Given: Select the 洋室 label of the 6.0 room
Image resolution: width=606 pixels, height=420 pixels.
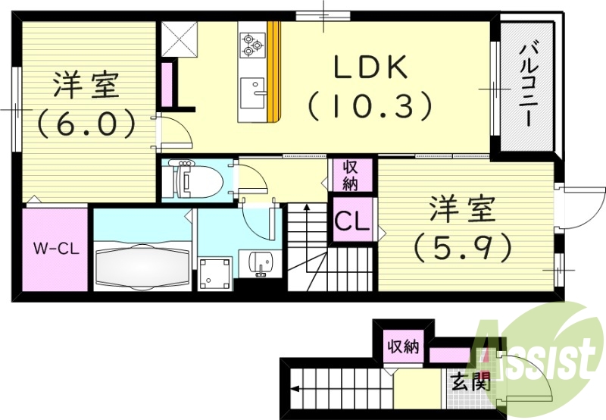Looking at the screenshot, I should click(x=85, y=86).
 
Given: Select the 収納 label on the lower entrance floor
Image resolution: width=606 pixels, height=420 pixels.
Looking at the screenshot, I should click(x=402, y=347).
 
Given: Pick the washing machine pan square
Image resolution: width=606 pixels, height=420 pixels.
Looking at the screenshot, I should click(x=214, y=274).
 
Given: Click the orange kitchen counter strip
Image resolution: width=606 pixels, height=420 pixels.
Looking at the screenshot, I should click(x=274, y=72).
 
